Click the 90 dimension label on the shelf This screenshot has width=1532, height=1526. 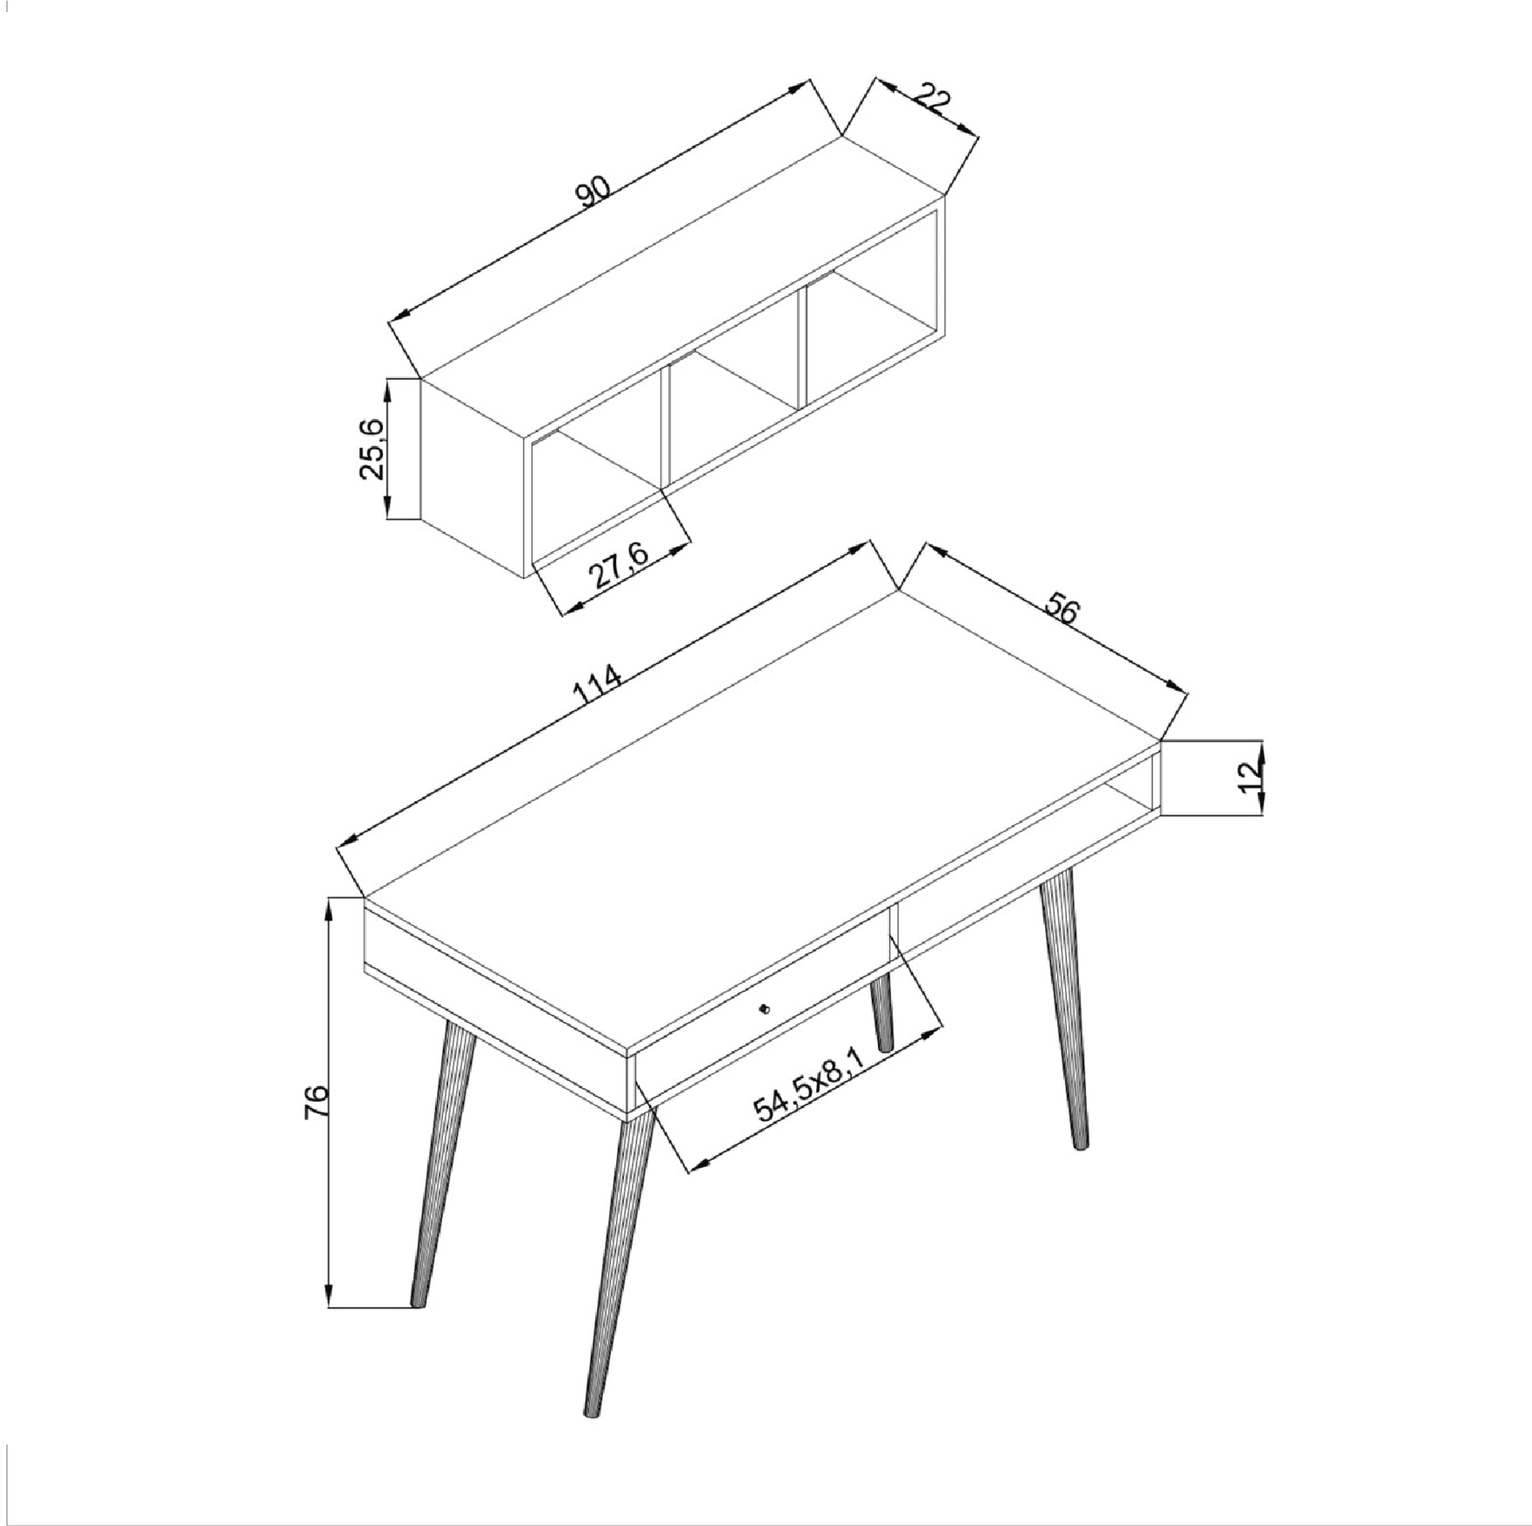point(594,192)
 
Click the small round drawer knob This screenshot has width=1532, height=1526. point(764,1009)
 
